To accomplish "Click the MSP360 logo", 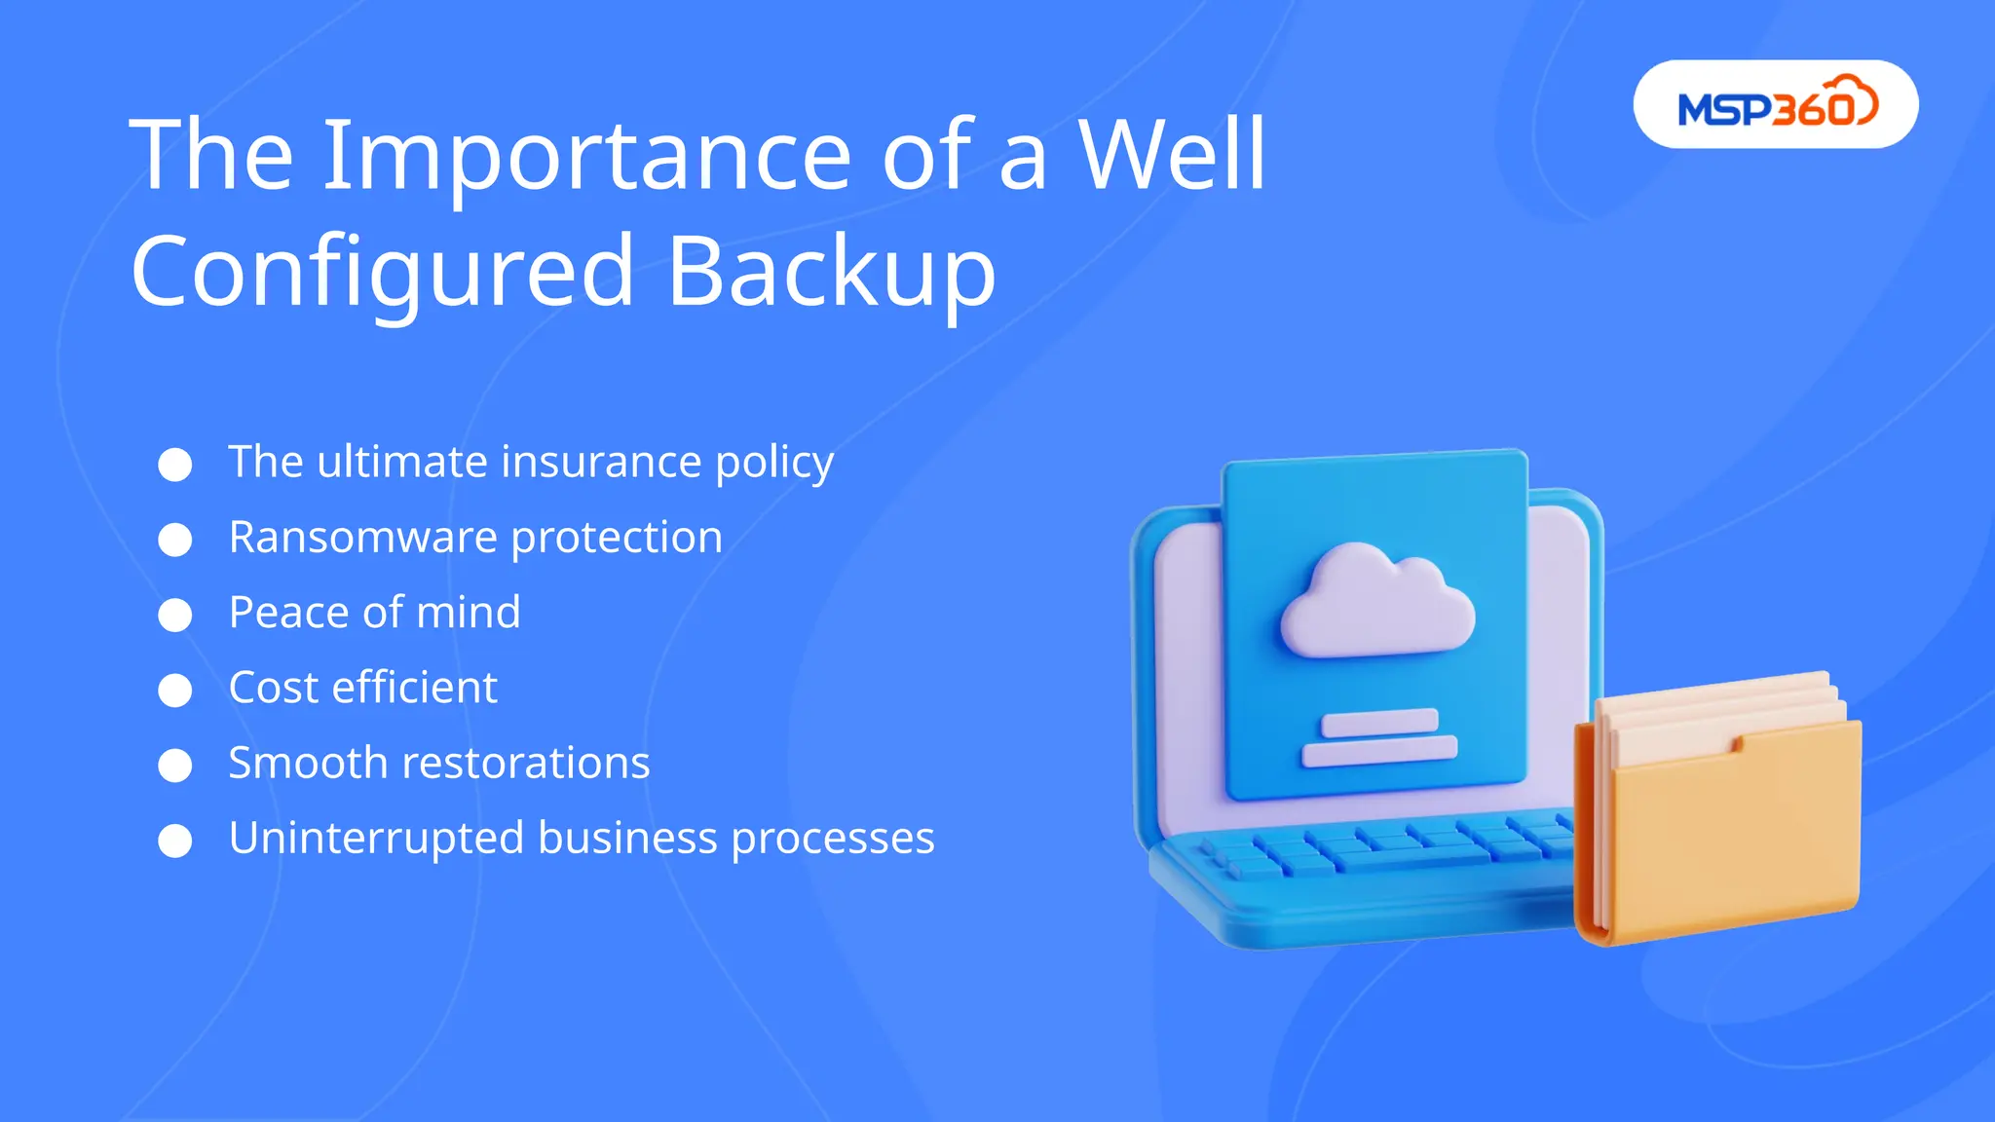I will coord(1776,104).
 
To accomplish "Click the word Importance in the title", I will coord(587,156).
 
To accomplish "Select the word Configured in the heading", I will coord(383,273).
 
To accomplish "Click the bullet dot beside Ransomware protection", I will coord(175,540).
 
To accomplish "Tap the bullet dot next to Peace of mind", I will coord(175,615).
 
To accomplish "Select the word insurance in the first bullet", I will coord(600,462).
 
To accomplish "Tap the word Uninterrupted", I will coord(376,839).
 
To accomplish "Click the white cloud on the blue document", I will coord(1376,604).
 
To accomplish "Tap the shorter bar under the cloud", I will coord(1379,723).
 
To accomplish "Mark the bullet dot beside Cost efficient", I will coord(175,690).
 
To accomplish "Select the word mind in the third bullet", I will coord(469,613).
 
